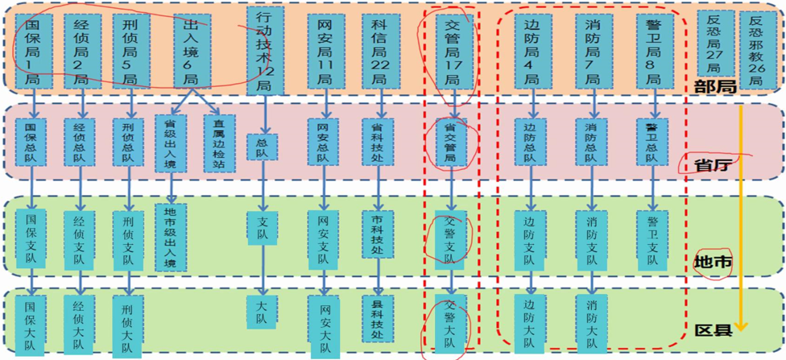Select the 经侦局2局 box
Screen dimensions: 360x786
click(81, 51)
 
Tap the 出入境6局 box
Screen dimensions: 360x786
click(191, 51)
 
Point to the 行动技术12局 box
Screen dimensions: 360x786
click(263, 50)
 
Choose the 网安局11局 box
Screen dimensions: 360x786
click(325, 51)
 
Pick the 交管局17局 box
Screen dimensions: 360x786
click(452, 51)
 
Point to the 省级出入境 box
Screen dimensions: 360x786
click(170, 143)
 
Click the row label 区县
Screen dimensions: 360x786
click(713, 329)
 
